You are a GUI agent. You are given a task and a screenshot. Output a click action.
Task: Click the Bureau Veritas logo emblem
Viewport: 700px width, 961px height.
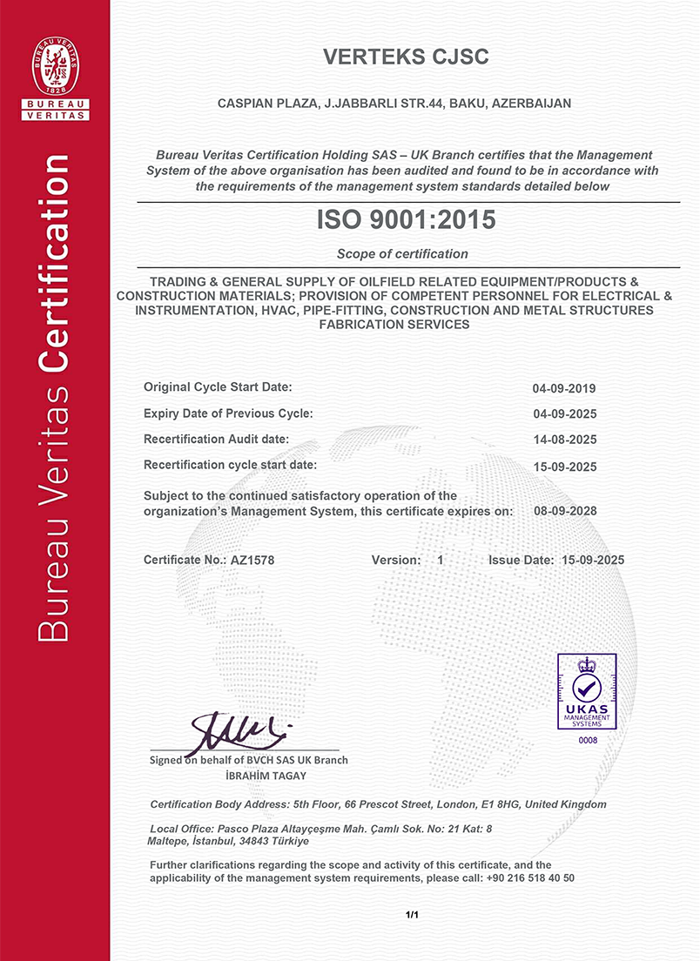[55, 68]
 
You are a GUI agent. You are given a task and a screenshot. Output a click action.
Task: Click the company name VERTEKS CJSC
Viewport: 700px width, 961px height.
[406, 57]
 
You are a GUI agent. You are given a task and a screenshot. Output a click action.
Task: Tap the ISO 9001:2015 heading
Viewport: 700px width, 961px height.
[406, 221]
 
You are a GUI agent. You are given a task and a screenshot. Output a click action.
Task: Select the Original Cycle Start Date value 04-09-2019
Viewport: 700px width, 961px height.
[564, 388]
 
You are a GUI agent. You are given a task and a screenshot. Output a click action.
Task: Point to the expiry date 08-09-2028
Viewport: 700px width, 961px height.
[564, 511]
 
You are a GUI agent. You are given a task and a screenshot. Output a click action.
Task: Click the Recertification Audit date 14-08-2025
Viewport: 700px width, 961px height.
[564, 440]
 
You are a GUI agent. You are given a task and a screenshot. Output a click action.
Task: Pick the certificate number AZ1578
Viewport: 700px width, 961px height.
[252, 561]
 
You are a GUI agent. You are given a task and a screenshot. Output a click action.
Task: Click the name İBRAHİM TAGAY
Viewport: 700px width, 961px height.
[248, 776]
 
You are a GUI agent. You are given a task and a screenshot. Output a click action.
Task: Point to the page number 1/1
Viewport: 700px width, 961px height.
[412, 915]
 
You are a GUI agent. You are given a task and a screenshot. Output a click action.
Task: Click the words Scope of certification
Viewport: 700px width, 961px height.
[402, 254]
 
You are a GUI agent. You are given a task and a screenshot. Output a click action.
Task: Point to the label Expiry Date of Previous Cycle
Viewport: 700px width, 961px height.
[228, 413]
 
